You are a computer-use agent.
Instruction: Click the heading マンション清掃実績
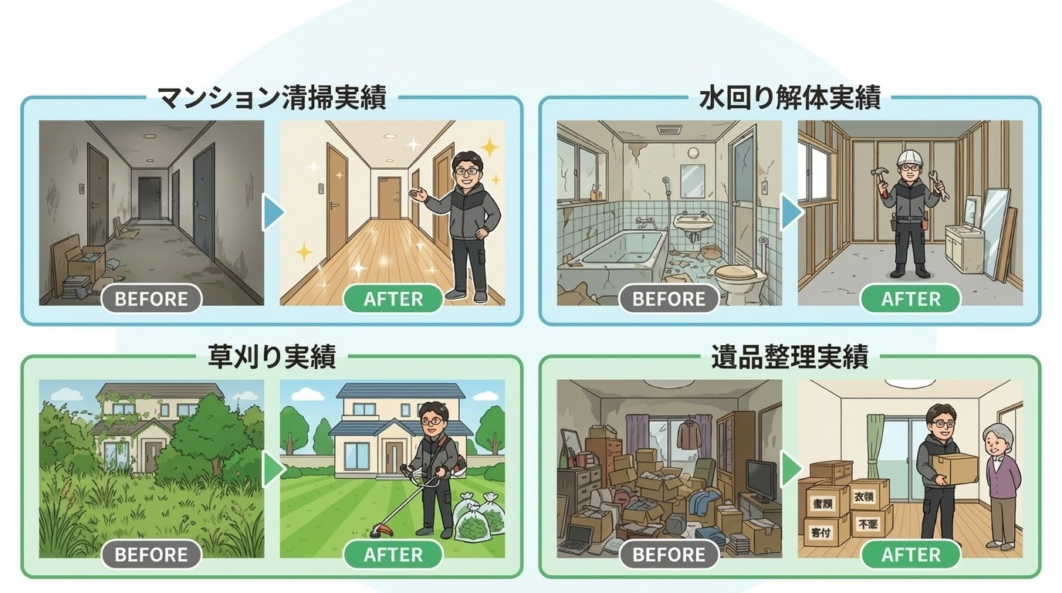tap(272, 98)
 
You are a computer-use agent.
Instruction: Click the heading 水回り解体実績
tap(790, 98)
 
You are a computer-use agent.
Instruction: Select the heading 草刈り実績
tap(272, 357)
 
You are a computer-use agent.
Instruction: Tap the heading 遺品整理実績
tap(790, 357)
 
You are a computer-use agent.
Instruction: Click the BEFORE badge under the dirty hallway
tap(151, 299)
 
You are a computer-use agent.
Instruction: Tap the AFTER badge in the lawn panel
tap(393, 554)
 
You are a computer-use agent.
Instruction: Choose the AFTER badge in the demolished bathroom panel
tap(911, 299)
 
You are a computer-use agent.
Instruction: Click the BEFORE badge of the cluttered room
tap(669, 554)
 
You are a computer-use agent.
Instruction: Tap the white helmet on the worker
tap(911, 160)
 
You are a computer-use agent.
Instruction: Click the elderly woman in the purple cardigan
tap(1000, 486)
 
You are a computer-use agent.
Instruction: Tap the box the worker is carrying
tap(954, 467)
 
